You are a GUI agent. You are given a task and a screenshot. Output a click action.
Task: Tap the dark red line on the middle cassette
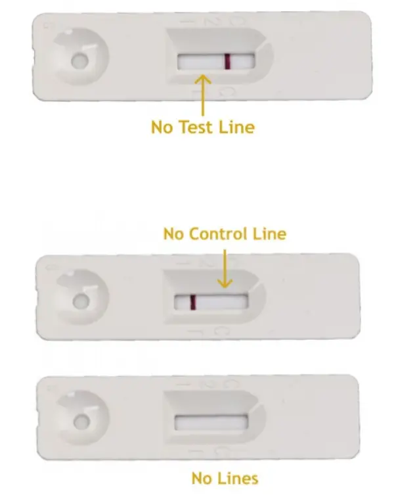coord(193,302)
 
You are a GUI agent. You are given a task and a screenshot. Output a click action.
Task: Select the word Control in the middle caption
coord(221,234)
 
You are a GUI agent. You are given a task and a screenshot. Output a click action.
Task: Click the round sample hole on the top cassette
coord(79,62)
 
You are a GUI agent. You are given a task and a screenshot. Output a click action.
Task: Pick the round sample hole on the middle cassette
coord(81,302)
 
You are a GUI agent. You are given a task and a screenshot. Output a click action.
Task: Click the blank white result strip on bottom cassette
coord(210,421)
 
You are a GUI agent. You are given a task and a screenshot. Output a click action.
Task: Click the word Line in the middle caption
coord(269,234)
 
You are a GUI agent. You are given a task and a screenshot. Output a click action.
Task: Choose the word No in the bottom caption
coord(201,478)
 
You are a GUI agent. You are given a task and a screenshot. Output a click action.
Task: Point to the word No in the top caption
coord(162,126)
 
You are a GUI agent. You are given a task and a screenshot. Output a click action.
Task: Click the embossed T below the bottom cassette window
coord(194,452)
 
